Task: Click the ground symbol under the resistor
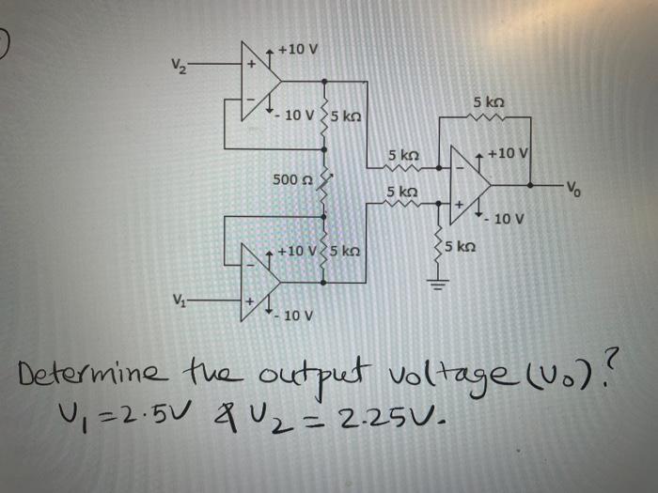tap(434, 287)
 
